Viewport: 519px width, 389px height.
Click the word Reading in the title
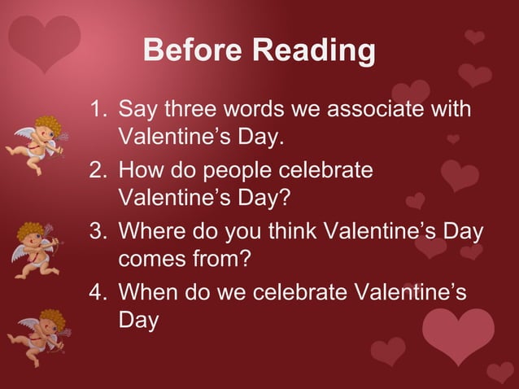314,51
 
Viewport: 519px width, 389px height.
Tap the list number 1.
98,109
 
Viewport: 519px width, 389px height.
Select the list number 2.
98,172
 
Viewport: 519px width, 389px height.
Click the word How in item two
141,172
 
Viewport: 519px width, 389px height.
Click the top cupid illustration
37,144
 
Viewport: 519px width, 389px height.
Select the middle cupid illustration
35,249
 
